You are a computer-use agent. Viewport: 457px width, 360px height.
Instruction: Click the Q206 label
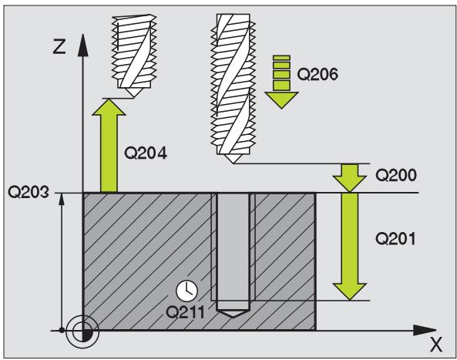click(318, 74)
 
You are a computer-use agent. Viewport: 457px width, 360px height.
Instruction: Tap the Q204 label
click(145, 153)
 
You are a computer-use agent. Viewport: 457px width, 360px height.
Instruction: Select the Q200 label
click(396, 175)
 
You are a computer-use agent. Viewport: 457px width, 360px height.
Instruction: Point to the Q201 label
click(395, 239)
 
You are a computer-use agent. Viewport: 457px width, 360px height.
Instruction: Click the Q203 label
click(28, 192)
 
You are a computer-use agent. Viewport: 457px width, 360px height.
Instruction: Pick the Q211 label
click(185, 312)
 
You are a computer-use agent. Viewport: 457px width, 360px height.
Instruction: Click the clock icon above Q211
click(186, 291)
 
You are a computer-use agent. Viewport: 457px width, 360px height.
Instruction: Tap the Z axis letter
click(59, 46)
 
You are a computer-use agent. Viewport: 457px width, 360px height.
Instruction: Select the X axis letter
click(436, 345)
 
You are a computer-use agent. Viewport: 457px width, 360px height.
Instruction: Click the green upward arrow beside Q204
click(109, 146)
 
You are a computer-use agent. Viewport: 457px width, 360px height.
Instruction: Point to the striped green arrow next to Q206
click(281, 82)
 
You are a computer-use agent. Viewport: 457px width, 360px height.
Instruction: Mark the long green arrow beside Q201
click(350, 247)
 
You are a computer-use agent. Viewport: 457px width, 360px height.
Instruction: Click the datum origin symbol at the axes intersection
click(82, 331)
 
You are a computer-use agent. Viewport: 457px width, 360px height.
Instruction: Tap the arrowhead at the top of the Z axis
click(83, 45)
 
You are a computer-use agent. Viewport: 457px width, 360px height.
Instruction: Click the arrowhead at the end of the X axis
click(425, 330)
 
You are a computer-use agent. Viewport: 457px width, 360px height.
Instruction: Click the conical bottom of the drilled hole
click(234, 314)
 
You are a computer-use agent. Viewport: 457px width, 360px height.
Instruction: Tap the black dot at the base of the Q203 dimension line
click(62, 330)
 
